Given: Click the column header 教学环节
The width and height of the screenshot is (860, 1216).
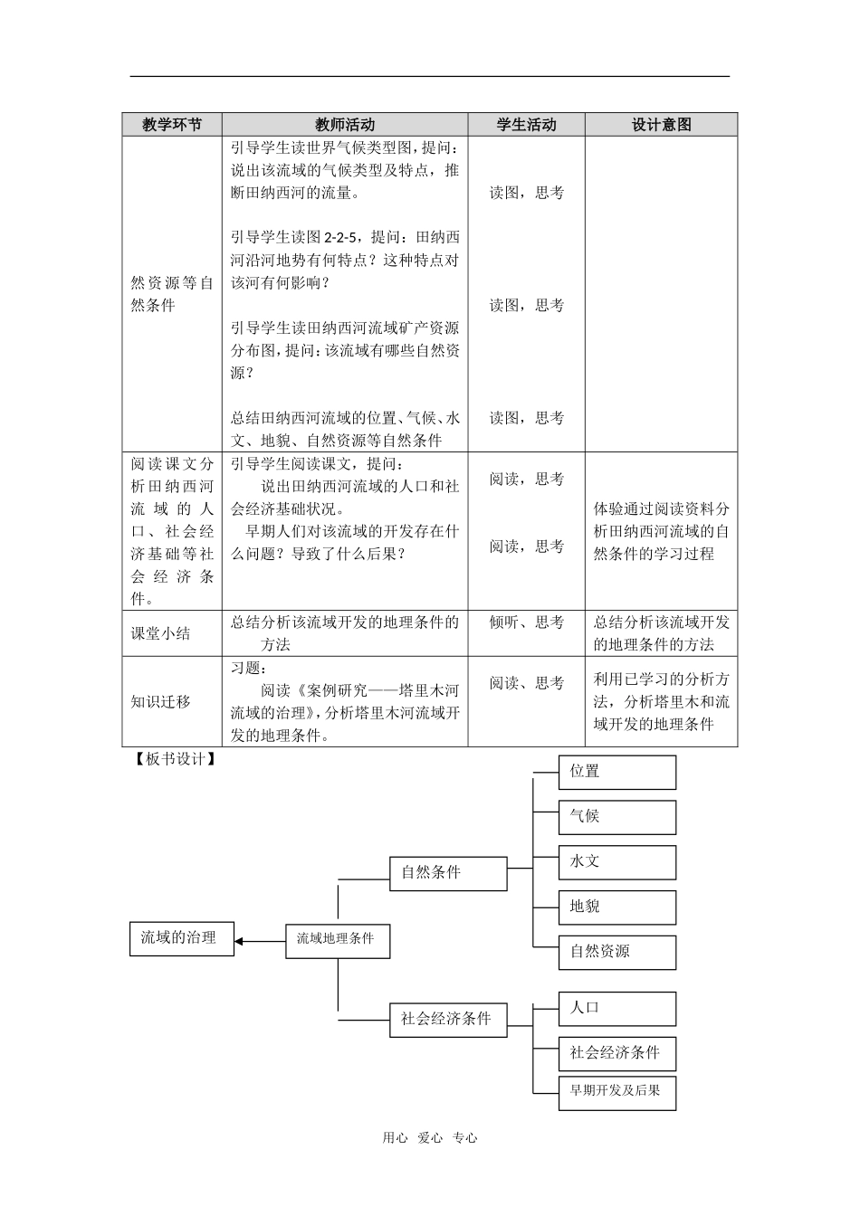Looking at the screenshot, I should (x=172, y=125).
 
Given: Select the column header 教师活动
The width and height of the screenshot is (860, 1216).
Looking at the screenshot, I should (x=345, y=125).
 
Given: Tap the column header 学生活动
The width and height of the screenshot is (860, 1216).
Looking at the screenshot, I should (x=526, y=125).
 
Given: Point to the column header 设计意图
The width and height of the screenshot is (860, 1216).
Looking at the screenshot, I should (x=661, y=125).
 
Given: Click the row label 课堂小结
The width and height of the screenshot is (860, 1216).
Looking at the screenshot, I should (x=161, y=633).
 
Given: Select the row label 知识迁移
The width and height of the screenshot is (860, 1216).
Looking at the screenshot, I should (x=161, y=701).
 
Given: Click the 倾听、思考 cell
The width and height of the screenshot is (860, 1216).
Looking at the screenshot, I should (x=526, y=622).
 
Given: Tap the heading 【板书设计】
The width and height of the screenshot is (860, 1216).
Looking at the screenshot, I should (x=172, y=759).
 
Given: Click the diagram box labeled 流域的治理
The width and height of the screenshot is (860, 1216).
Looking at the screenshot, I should (x=181, y=938).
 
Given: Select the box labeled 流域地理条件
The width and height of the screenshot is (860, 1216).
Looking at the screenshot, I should (x=338, y=939).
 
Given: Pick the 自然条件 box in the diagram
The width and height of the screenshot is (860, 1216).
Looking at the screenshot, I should (x=448, y=873).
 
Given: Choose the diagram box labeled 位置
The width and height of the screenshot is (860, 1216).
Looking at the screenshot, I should (x=617, y=772).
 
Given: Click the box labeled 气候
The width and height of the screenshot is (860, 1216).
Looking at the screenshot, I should (x=617, y=816).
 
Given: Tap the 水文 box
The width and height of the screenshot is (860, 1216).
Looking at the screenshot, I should (x=617, y=861).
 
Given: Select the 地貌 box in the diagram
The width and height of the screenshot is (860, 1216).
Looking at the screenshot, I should (x=617, y=907).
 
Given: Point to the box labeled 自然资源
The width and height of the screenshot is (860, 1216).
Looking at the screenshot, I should (x=617, y=952).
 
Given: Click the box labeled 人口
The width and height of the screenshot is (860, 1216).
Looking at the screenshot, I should (x=617, y=1008).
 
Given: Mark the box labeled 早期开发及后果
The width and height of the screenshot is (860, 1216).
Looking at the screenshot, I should (x=617, y=1091).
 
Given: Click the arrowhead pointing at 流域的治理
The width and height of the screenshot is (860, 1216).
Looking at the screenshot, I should (x=240, y=941).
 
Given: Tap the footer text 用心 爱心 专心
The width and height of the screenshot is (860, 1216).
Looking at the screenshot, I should (x=429, y=1138).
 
